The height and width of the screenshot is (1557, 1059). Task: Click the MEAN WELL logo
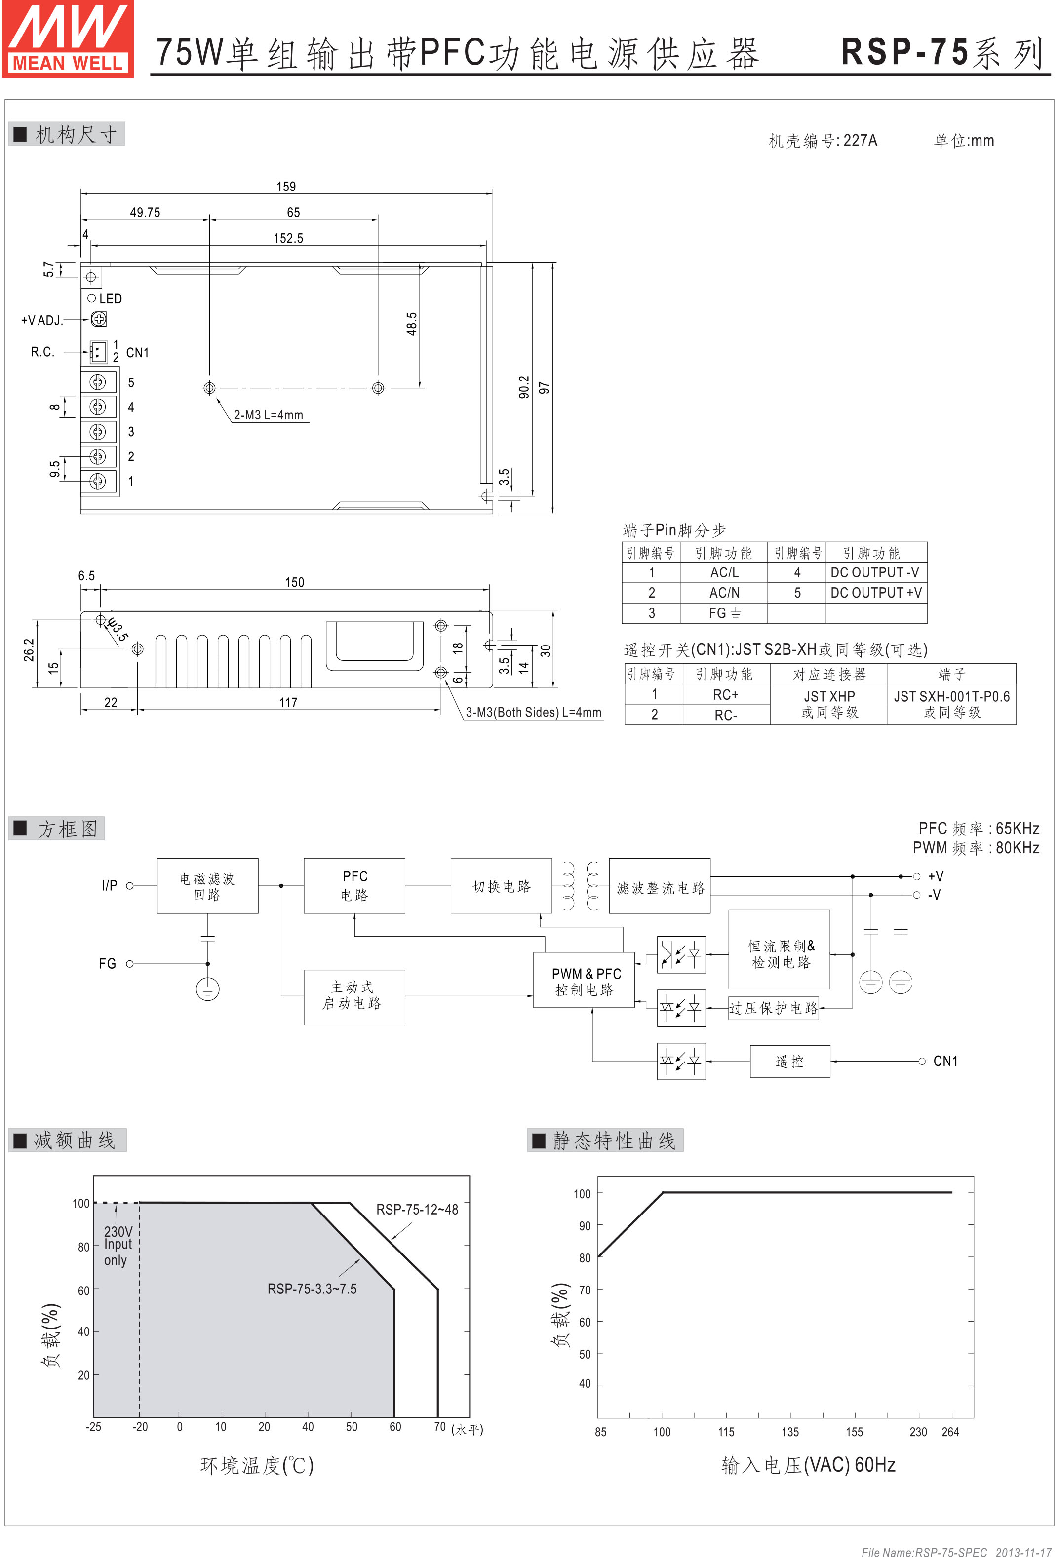(68, 39)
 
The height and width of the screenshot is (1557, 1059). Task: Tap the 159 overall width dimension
(286, 186)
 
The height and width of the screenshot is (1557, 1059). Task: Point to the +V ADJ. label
(41, 320)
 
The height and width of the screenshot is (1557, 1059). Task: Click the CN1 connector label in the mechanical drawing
(137, 352)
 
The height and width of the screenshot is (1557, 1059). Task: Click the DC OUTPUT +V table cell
(876, 593)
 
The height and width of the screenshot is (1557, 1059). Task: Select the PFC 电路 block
(354, 886)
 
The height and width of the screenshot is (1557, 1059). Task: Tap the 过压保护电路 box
(774, 1008)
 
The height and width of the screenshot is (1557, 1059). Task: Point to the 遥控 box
(789, 1061)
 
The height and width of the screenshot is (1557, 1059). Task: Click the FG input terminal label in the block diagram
(107, 963)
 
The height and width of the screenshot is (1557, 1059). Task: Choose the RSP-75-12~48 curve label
(417, 1209)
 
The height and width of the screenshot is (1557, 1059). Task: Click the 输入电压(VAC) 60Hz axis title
(808, 1465)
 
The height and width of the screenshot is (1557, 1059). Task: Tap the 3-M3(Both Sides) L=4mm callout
(534, 712)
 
